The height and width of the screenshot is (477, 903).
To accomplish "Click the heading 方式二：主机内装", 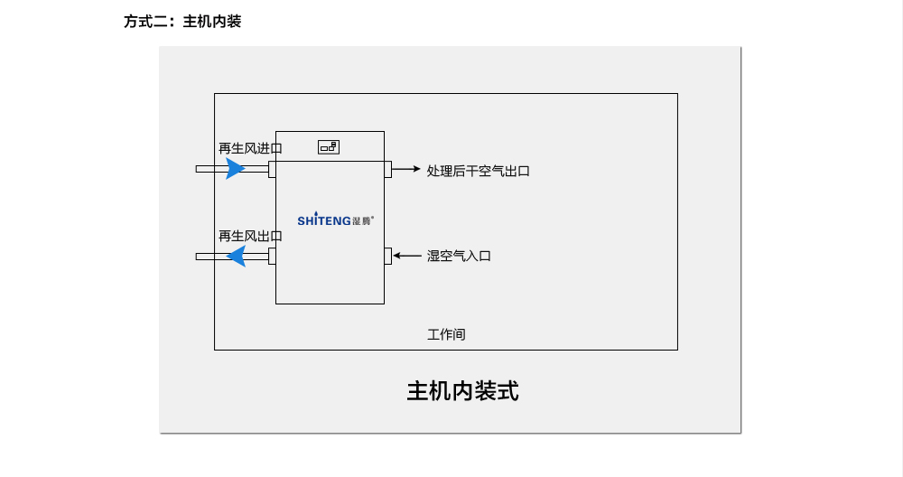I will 182,22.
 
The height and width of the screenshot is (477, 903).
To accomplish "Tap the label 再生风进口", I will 250,148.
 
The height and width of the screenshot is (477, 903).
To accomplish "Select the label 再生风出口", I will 250,236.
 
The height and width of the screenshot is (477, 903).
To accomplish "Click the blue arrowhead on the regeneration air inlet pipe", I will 235,169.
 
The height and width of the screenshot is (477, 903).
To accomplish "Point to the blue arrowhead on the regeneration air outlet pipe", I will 236,257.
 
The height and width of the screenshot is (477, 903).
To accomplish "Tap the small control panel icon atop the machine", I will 329,146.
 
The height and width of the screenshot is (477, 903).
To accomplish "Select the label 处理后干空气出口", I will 478,170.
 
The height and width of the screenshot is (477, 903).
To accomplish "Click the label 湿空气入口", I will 459,257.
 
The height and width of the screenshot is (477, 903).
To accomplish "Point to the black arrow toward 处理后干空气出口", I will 406,169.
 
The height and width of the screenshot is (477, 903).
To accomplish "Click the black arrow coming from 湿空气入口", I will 407,256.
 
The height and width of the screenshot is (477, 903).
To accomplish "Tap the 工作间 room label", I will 446,334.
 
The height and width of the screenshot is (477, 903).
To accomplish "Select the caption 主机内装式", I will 462,391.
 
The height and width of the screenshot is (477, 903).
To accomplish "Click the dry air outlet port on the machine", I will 387,170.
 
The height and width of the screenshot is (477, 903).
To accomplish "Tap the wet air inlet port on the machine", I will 387,256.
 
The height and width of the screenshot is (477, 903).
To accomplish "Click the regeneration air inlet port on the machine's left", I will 272,169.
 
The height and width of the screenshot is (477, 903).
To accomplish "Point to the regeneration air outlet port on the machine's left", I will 272,257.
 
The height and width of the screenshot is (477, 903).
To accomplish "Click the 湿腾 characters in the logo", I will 361,220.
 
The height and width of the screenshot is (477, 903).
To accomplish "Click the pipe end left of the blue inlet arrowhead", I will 206,169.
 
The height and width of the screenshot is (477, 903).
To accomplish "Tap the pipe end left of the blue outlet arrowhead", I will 206,257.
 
